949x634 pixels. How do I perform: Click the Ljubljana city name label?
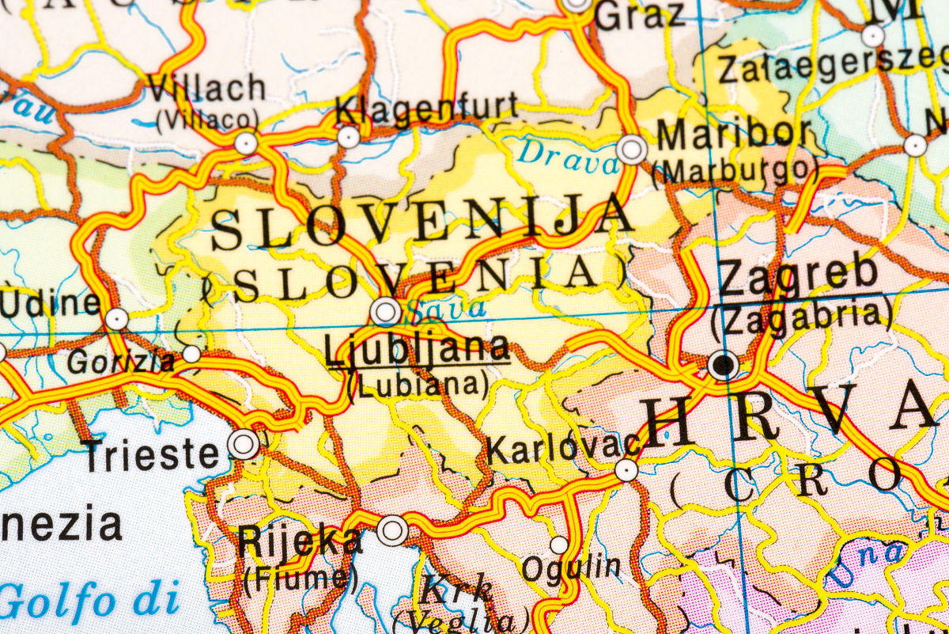coord(417,349)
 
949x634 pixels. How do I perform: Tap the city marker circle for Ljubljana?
coord(386,311)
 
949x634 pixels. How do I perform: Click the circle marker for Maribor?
coord(632,149)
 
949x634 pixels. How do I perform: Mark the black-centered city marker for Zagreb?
coord(724,365)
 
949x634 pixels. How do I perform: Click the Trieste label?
coord(151,455)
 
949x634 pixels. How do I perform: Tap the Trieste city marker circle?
coord(244,444)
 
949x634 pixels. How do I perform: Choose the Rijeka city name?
coord(300,542)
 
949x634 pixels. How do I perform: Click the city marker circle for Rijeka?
coord(392,530)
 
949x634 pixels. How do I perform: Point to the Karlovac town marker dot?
coord(626,470)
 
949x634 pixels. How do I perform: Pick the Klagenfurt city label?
coord(427,109)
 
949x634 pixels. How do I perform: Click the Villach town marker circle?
coord(246,143)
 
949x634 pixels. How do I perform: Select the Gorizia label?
coord(121,362)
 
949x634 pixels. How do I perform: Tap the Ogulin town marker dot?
coord(559,545)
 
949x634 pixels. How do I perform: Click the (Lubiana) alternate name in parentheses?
coord(418,384)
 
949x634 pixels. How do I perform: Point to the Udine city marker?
coord(116,319)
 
